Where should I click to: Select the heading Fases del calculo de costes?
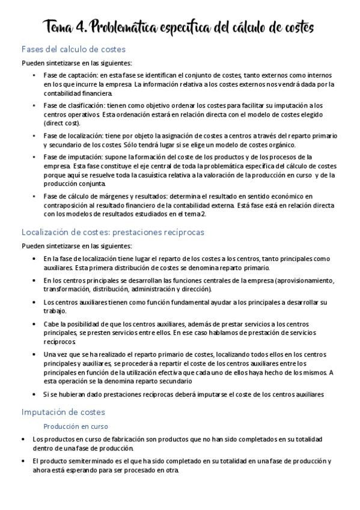point(73,49)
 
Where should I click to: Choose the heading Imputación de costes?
point(63,412)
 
